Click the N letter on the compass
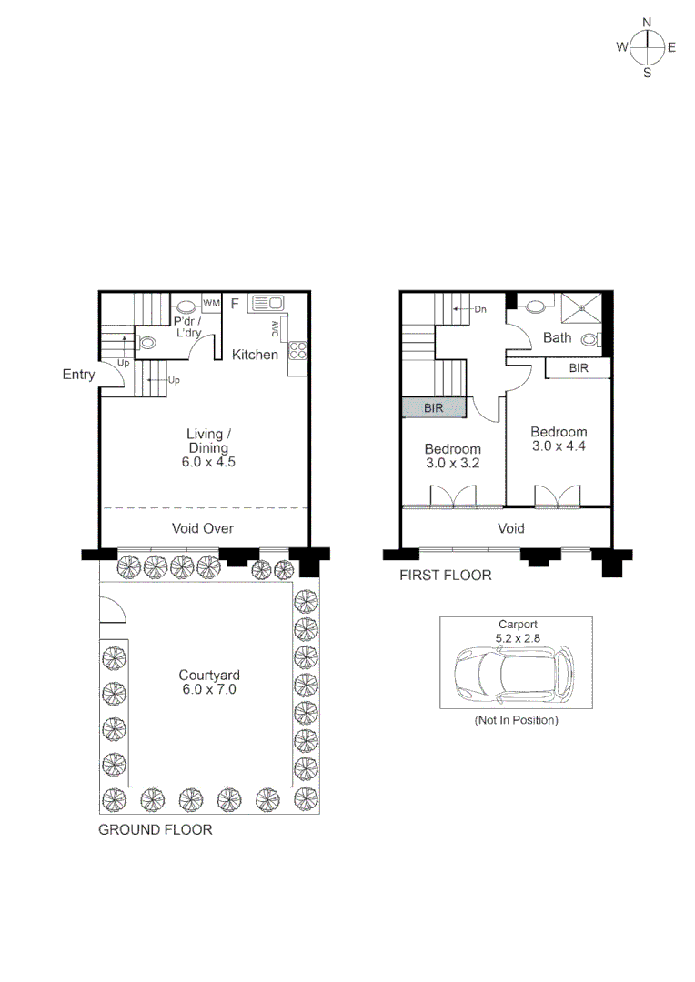click(x=647, y=23)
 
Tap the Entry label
click(x=78, y=375)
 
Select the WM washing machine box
click(x=212, y=303)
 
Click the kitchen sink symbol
click(x=267, y=304)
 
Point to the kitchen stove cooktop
click(x=297, y=353)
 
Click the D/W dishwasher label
click(x=274, y=328)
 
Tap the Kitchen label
click(x=255, y=355)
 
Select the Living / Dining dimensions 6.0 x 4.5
click(x=208, y=462)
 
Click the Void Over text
click(x=203, y=528)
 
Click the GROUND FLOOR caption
click(x=155, y=829)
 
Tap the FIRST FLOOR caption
click(x=446, y=575)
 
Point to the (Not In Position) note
click(x=516, y=720)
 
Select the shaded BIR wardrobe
click(x=434, y=408)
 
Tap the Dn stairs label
click(x=480, y=309)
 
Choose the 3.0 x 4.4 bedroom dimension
click(x=559, y=446)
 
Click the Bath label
click(x=557, y=338)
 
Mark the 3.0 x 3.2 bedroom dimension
click(x=452, y=463)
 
